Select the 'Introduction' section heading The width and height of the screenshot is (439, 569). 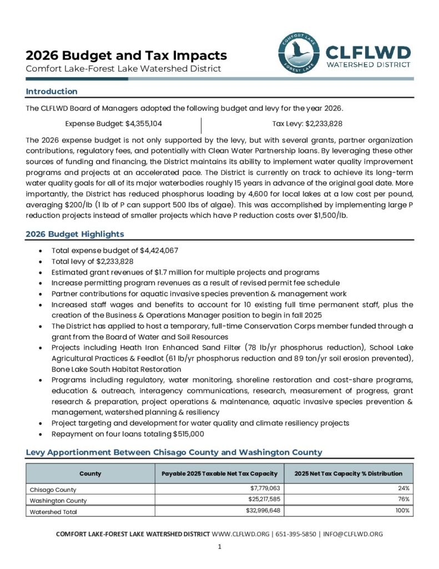coord(52,91)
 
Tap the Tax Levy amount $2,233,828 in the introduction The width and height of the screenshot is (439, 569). coord(324,123)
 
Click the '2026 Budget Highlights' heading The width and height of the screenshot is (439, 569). coord(75,234)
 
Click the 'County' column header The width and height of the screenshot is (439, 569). coord(90,473)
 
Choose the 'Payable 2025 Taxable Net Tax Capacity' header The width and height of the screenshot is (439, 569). coord(219,473)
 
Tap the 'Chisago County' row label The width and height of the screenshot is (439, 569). coord(53,490)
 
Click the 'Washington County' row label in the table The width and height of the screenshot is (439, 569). coord(58,500)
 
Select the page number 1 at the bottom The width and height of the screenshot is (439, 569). coord(220,547)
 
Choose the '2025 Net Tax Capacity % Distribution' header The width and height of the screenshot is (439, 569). coord(349,473)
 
